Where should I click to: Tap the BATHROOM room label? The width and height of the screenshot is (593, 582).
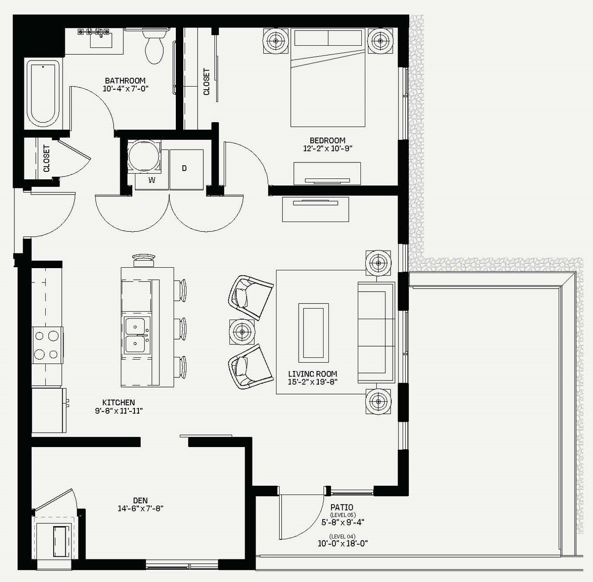[125, 81]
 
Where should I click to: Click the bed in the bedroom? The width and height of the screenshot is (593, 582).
[328, 78]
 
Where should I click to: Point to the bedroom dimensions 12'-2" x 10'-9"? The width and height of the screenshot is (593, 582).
[328, 149]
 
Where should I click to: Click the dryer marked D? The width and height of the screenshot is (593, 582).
[186, 170]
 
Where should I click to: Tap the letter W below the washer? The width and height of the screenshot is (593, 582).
[152, 180]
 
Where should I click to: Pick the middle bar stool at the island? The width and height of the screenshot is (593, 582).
[180, 329]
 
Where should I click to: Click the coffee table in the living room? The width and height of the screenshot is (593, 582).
[313, 333]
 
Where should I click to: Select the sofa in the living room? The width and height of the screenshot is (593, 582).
[376, 332]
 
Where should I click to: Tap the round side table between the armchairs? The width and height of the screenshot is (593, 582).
[242, 332]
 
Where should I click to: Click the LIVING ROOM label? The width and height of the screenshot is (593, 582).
[312, 374]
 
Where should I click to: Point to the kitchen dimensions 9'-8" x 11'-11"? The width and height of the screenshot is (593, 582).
[119, 411]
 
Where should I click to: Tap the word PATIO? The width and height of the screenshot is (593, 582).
[342, 507]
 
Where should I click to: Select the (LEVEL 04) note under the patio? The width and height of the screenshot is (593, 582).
[343, 536]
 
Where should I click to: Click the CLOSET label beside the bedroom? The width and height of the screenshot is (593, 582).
[206, 82]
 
